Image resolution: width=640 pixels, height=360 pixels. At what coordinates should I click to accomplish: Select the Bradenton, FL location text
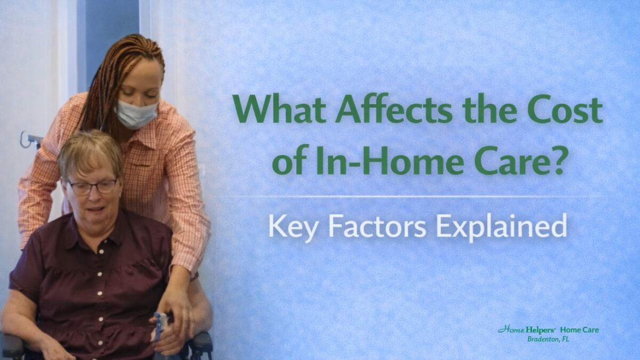pyautogui.click(x=548, y=339)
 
